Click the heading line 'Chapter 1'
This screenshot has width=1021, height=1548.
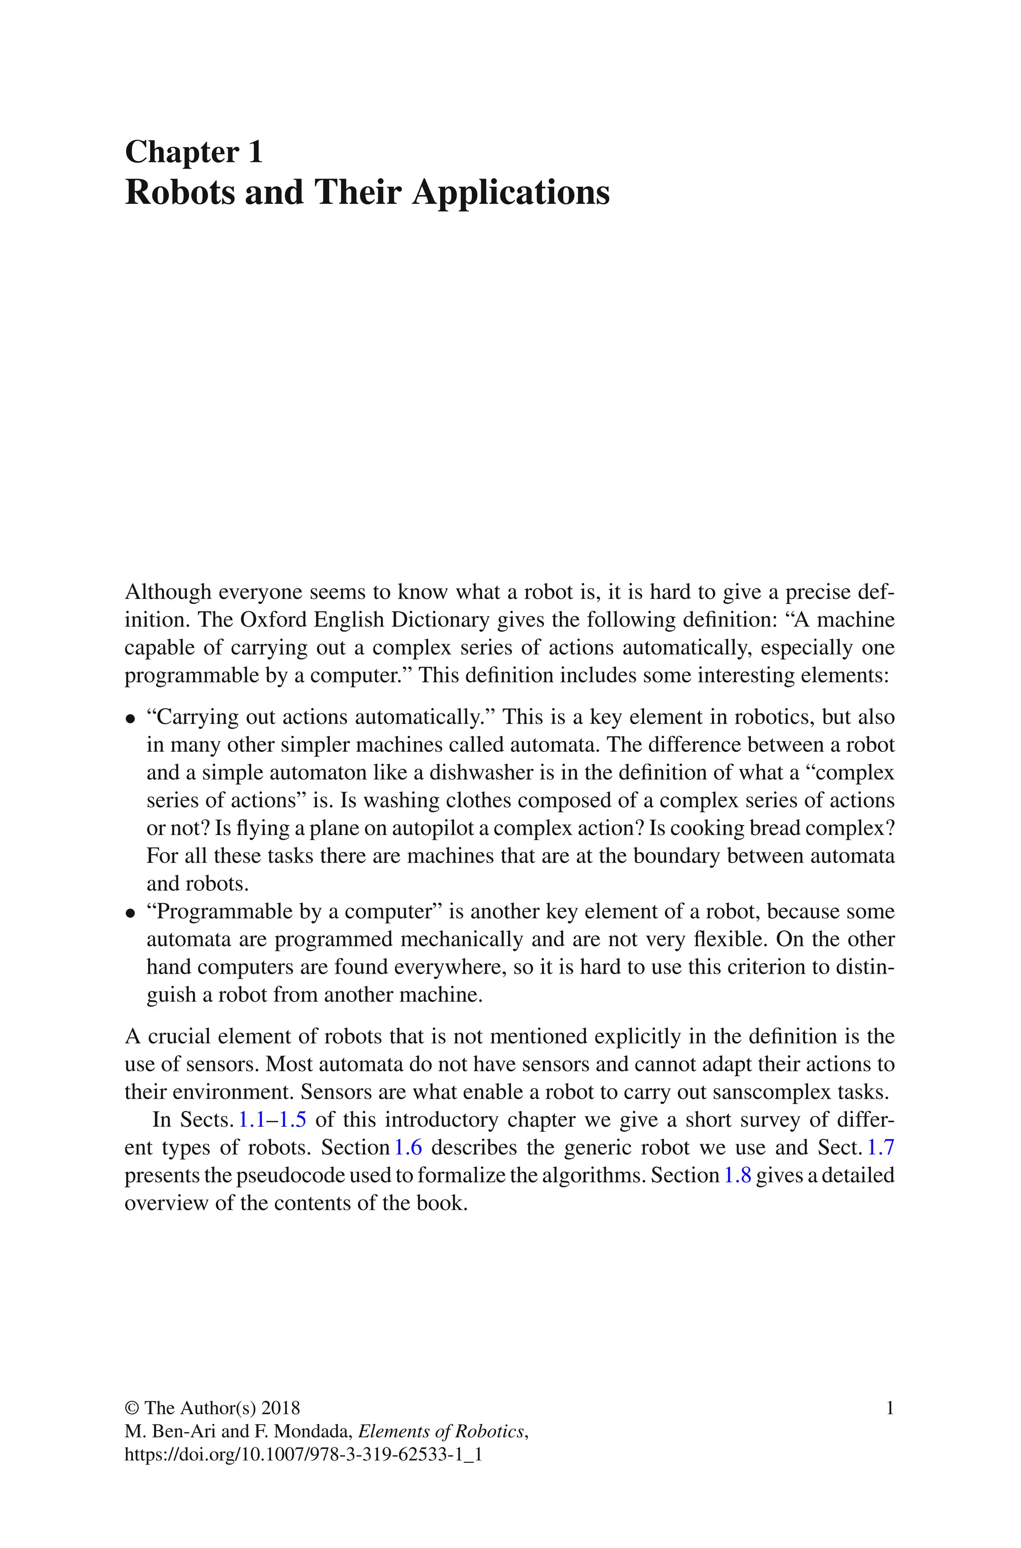[193, 153]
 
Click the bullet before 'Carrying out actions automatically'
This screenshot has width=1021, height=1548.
[130, 719]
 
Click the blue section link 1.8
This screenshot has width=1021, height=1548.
[737, 1175]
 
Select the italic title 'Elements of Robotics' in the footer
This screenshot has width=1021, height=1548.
[441, 1431]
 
